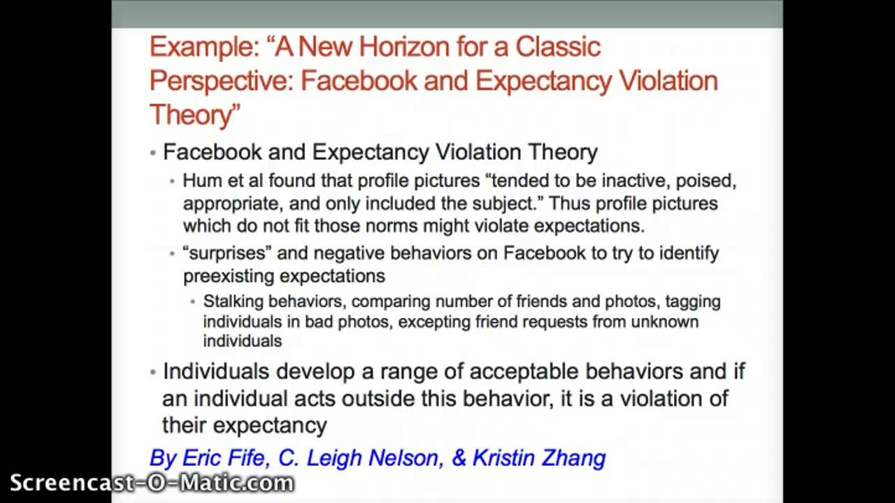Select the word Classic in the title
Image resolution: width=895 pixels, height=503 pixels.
point(558,47)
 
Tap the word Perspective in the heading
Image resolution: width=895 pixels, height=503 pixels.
point(221,81)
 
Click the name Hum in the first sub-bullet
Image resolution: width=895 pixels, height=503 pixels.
point(199,181)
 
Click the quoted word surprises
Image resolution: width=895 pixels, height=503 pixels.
point(227,253)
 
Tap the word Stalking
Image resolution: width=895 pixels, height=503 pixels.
point(233,302)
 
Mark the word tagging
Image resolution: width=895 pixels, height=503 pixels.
point(692,302)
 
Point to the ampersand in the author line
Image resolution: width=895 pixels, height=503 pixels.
point(459,458)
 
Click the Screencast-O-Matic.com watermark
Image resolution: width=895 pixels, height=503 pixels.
point(152,483)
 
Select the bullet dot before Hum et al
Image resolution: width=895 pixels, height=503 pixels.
point(173,182)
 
